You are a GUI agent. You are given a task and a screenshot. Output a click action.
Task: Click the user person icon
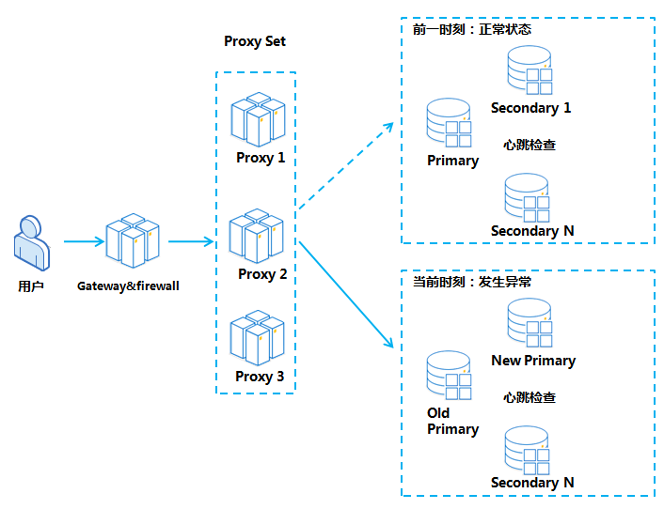[x=32, y=243]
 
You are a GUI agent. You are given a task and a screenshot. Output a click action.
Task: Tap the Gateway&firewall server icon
[x=133, y=241]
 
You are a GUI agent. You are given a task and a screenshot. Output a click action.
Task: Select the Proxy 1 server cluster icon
[x=258, y=120]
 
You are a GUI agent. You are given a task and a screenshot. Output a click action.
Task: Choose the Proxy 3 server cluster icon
[x=257, y=338]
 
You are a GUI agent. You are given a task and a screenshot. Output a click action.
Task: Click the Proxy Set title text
[x=255, y=41]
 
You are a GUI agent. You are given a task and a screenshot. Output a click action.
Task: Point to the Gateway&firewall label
[x=128, y=286]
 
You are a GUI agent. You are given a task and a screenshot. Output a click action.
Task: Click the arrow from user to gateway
[x=84, y=242]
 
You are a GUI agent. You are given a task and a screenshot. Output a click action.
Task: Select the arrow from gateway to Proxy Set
[x=191, y=242]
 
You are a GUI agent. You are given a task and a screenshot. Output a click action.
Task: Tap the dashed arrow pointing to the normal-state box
[x=346, y=166]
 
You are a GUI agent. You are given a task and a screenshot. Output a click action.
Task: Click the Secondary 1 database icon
[x=530, y=70]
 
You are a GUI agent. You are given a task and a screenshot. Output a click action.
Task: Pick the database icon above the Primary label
[x=449, y=123]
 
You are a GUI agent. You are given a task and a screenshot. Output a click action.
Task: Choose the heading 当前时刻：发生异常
[x=472, y=282]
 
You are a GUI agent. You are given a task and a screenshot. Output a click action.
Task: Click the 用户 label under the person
[x=31, y=286]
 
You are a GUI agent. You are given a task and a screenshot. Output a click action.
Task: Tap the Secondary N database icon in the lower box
[x=527, y=451]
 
